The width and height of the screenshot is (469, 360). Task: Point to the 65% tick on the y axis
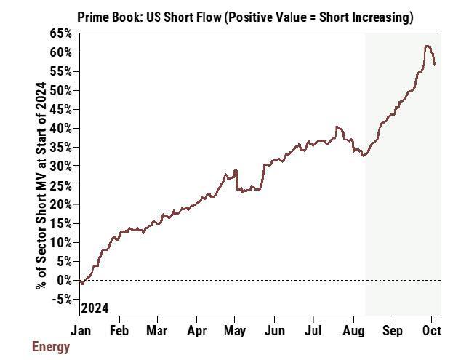(x=61, y=33)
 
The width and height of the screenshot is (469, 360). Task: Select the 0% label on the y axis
(x=64, y=280)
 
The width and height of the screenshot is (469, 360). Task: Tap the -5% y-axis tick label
(x=61, y=299)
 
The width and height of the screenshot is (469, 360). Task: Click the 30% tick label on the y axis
(x=61, y=166)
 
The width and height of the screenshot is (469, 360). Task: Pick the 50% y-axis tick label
(x=61, y=90)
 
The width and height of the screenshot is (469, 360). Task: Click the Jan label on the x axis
(x=81, y=329)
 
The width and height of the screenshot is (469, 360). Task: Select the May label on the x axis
(x=235, y=329)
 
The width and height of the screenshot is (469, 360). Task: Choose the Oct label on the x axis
(x=431, y=329)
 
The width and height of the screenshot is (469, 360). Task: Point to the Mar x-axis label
(x=156, y=329)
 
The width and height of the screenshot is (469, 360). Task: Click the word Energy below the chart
(x=51, y=347)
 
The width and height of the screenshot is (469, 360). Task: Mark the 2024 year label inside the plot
(x=95, y=308)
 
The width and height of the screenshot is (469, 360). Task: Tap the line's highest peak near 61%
(x=428, y=47)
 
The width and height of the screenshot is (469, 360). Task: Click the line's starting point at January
(x=81, y=282)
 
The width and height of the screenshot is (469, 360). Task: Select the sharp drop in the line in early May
(x=238, y=182)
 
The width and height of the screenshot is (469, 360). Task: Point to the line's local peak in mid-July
(x=336, y=127)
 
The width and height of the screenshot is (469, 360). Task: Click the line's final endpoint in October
(x=435, y=65)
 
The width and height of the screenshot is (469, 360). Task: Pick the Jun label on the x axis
(x=273, y=329)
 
